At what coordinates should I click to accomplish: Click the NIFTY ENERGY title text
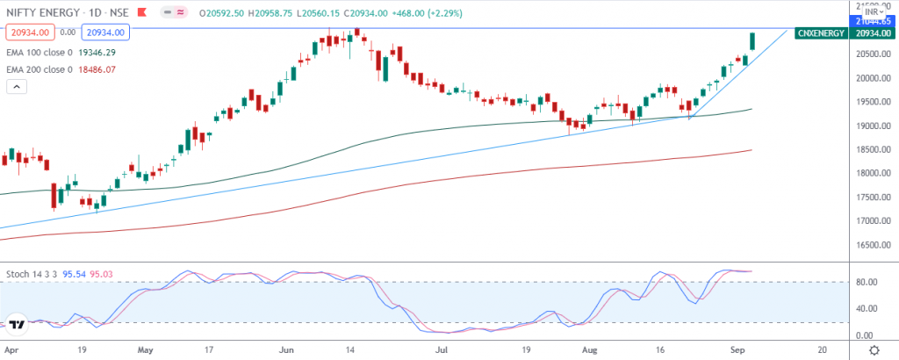(x=34, y=13)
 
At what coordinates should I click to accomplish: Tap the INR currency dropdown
(x=872, y=12)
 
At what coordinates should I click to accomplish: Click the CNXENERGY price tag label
(x=820, y=32)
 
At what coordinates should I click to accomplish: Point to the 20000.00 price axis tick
(x=873, y=78)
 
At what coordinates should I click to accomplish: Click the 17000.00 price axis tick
(x=873, y=220)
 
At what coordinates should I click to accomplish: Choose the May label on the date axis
(x=145, y=349)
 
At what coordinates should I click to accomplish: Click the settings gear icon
(x=874, y=349)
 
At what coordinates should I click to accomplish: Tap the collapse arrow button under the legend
(x=17, y=86)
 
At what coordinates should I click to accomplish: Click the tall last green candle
(x=753, y=41)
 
